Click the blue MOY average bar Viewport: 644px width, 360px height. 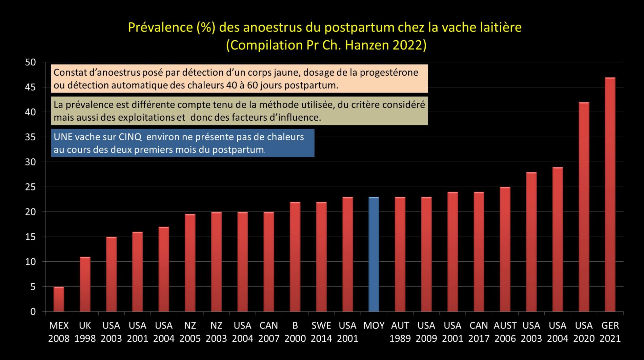point(374,254)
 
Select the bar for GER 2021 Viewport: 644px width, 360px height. point(610,195)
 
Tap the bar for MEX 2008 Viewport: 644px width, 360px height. point(59,299)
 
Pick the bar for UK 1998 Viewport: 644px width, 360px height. point(85,284)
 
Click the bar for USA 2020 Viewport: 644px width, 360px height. point(584,207)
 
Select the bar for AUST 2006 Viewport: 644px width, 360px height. point(505,249)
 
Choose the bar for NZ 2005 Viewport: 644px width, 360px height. point(190,263)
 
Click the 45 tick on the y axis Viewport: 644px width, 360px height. point(30,87)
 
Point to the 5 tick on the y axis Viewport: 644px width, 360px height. point(33,287)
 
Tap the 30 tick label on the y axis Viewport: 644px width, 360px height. point(30,162)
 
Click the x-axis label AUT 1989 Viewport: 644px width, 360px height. point(400,332)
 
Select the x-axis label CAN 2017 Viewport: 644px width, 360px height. point(479,332)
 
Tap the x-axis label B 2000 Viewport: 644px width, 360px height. point(295,332)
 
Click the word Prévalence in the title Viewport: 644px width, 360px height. point(160,27)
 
